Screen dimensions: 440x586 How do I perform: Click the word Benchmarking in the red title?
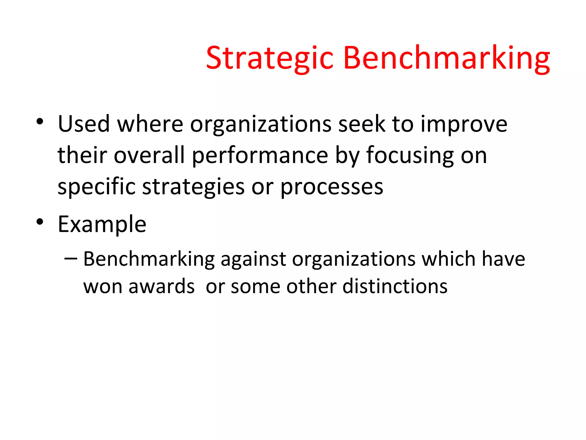coord(446,59)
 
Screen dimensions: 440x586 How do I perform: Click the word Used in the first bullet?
coord(84,124)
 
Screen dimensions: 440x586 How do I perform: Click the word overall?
coord(149,156)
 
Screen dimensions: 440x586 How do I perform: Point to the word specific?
coord(96,187)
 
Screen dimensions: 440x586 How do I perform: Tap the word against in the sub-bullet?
coord(253,260)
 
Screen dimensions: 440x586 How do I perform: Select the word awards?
coord(162,286)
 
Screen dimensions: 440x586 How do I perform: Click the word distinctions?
coord(395,286)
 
